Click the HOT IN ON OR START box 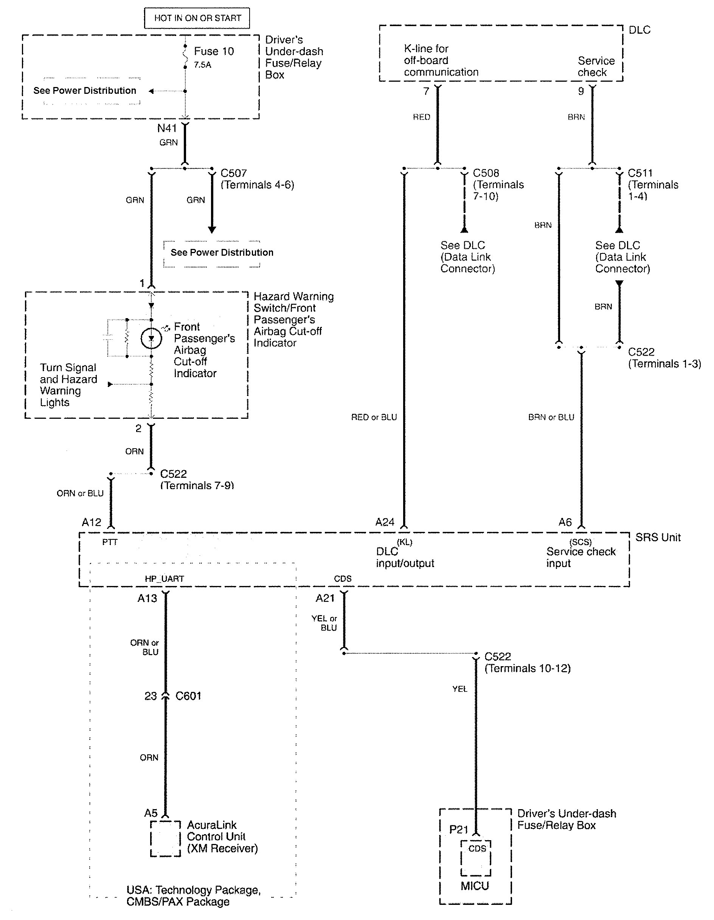click(197, 18)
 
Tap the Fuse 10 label click(214, 51)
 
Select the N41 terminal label click(167, 128)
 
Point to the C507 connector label click(234, 173)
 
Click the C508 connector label click(486, 173)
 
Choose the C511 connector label click(640, 173)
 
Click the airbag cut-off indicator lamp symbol click(151, 338)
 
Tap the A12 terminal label click(92, 522)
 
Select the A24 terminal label click(385, 522)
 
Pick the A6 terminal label click(565, 522)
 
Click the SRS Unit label click(658, 538)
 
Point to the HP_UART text click(164, 579)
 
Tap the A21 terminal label click(325, 598)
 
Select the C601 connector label click(188, 696)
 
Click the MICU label click(475, 886)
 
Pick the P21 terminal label click(459, 830)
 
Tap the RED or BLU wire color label click(374, 417)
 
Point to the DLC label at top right click(639, 30)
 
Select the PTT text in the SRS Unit click(110, 542)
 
